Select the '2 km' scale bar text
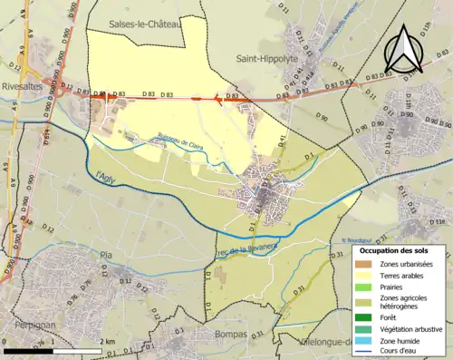coord(109,342)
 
